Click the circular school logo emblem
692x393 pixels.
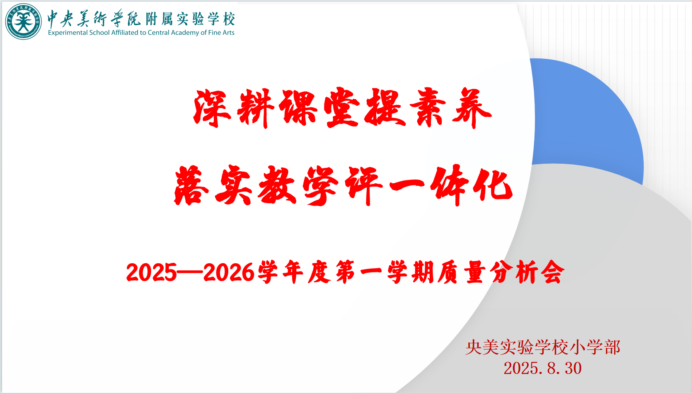[24, 22]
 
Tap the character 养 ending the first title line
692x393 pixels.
[472, 108]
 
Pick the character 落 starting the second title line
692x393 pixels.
[192, 185]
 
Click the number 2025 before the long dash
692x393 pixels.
[151, 272]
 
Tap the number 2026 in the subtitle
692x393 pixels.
[229, 272]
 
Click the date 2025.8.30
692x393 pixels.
[542, 368]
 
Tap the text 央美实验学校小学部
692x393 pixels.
[543, 347]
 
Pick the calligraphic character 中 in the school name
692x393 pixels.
[53, 19]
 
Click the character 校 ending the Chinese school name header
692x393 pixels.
[229, 19]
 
